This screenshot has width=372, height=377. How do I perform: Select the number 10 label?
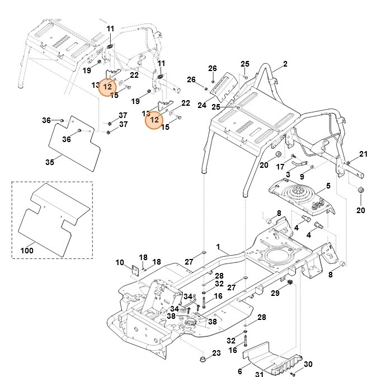point(120,262)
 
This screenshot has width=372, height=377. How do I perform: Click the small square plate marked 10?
point(135,270)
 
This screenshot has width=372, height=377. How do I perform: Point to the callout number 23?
point(217,353)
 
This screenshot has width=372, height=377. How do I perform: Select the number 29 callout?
point(275,294)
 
